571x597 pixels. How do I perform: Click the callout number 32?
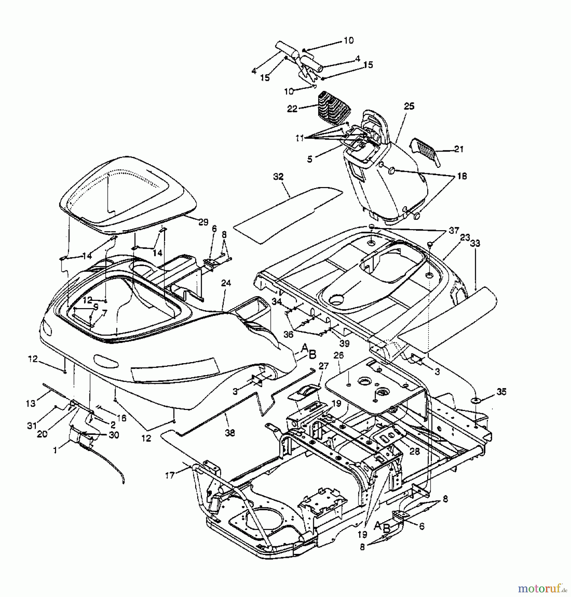pos(278,177)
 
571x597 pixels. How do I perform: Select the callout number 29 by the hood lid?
pos(203,223)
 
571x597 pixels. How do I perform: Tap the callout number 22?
pos(292,109)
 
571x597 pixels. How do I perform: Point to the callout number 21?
pos(459,150)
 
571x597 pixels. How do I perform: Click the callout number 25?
pos(409,106)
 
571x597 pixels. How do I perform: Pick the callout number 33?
pos(475,244)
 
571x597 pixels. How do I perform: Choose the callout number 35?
pos(501,392)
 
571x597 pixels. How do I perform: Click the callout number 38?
pos(230,433)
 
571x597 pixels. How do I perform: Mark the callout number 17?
pos(170,476)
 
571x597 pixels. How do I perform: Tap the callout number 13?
pos(30,403)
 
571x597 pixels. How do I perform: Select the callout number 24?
pos(226,283)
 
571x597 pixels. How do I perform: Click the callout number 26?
pos(338,355)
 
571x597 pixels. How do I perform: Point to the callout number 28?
pos(415,451)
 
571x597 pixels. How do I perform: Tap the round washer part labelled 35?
pos(476,401)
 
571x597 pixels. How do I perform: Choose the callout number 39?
pos(345,343)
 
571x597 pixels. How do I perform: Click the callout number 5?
pos(310,160)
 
